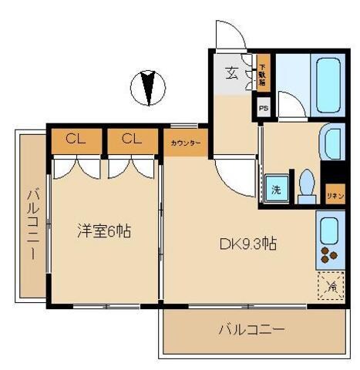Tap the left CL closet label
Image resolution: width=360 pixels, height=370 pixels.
point(75,140)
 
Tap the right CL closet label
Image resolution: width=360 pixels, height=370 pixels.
point(131,140)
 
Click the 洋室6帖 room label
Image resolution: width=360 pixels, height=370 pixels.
point(103,230)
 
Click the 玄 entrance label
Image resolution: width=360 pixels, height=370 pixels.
point(231,73)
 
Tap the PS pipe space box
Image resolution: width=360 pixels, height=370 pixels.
point(264,109)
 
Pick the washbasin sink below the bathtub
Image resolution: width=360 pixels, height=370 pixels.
point(332,142)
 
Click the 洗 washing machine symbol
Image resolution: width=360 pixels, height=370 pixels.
point(274,189)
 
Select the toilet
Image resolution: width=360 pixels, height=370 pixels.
point(306,187)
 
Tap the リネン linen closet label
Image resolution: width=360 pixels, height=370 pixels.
point(335,196)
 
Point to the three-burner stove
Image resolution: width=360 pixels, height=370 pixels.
point(329,257)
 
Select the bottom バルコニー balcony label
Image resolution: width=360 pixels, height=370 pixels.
point(251,330)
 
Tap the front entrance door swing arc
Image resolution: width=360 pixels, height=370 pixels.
point(227,35)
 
